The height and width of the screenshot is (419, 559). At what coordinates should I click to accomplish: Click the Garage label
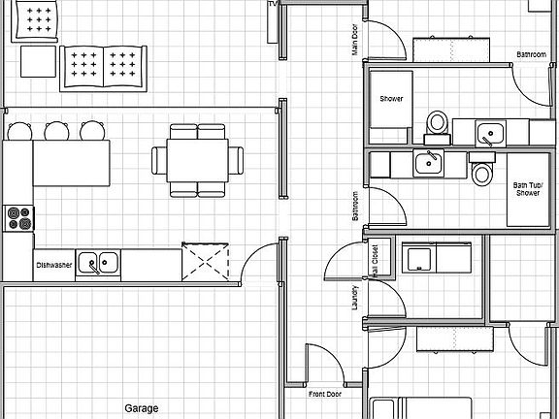click(x=141, y=408)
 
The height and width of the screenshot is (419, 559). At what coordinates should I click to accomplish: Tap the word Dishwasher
click(x=54, y=264)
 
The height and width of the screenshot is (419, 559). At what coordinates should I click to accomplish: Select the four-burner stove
click(x=18, y=218)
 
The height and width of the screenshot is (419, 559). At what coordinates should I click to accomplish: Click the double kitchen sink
click(x=98, y=262)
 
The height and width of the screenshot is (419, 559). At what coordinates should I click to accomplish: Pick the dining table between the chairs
click(x=197, y=161)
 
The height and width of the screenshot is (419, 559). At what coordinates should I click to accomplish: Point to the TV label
click(x=273, y=5)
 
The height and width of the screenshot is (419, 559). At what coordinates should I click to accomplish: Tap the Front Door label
click(x=325, y=395)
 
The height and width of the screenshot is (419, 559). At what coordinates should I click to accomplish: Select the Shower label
click(x=391, y=99)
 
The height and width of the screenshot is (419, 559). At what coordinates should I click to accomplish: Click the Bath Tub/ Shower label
click(x=528, y=188)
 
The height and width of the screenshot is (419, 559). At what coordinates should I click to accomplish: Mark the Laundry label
click(x=355, y=296)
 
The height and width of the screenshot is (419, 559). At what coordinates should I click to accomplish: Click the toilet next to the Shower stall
click(x=438, y=124)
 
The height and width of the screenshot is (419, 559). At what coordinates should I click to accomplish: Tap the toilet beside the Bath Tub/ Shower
click(x=482, y=174)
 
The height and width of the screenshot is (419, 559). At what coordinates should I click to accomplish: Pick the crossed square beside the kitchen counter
click(x=207, y=259)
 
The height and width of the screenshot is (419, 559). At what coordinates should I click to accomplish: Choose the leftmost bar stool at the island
click(x=20, y=131)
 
